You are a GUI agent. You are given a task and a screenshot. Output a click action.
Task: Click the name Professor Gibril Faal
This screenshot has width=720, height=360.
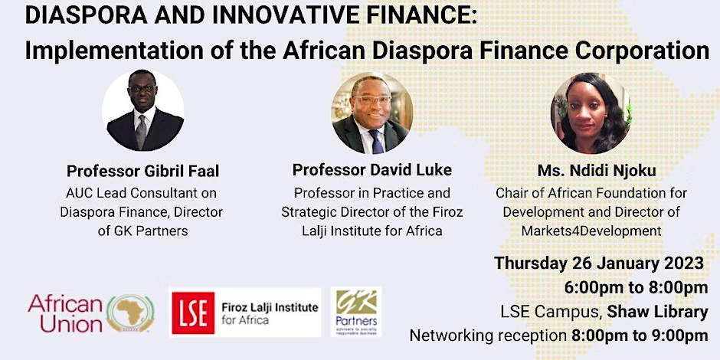tap(142, 172)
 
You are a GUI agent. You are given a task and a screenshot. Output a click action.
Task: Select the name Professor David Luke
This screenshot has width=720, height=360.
tap(372, 170)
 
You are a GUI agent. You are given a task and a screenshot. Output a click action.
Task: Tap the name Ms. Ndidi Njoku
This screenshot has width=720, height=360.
tap(597, 171)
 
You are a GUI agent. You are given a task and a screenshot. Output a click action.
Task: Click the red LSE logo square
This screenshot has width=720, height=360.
tap(193, 313)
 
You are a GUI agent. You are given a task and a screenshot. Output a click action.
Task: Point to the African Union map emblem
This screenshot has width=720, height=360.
tap(130, 313)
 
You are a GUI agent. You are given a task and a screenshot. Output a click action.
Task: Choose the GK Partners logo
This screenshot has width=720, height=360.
tap(356, 312)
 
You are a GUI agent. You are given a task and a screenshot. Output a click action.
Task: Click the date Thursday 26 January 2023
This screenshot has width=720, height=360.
tap(599, 263)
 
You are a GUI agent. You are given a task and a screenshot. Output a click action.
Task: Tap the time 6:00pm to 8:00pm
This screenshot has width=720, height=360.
tap(637, 288)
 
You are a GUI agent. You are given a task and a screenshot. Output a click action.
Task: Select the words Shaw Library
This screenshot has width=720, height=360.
tap(657, 312)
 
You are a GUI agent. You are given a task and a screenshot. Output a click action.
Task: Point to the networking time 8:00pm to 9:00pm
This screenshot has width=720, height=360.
tap(640, 335)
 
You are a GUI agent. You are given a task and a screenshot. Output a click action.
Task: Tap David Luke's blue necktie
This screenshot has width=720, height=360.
tap(377, 141)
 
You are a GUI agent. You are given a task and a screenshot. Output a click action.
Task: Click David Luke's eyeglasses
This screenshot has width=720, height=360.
tap(372, 100)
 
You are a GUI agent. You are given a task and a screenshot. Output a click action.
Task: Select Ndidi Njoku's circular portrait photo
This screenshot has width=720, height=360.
tap(591, 113)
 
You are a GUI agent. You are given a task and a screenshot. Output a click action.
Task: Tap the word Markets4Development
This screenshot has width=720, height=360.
tap(591, 231)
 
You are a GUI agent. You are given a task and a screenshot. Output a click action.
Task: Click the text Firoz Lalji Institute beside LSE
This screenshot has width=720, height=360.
tap(270, 307)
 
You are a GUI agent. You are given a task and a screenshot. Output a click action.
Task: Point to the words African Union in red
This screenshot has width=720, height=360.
tap(65, 313)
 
